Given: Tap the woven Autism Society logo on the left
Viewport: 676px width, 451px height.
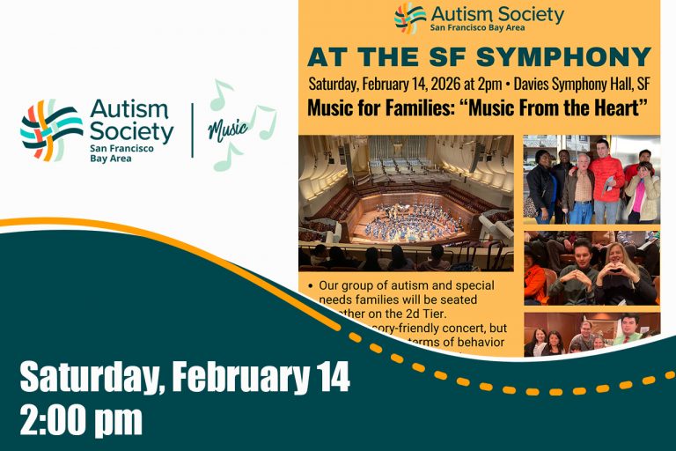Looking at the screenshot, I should [x=52, y=129].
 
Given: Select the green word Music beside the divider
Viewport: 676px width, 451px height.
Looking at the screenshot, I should [x=227, y=130].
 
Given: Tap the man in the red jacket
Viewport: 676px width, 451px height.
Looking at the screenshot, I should [x=606, y=181].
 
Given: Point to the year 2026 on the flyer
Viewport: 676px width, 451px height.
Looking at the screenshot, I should [x=432, y=85].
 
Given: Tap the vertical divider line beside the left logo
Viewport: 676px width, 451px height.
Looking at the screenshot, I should [x=193, y=130].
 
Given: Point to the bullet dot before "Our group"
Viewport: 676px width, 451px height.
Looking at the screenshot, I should [x=312, y=287].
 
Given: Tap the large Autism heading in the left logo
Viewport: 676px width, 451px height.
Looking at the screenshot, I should [x=129, y=110].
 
